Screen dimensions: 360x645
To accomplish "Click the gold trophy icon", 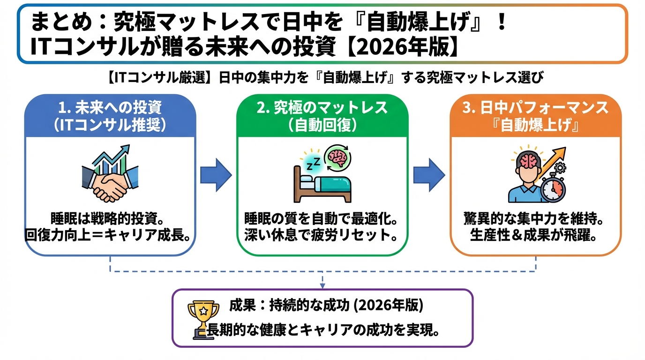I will pos(203,318).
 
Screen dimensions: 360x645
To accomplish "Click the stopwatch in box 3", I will pos(553,188).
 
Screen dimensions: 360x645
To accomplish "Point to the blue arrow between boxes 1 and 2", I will pos(216,175).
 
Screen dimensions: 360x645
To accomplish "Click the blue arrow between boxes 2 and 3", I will pos(428,175).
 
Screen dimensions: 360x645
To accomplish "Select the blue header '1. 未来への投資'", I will pos(110,108).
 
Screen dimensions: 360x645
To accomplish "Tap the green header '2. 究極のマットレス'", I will pos(322,108).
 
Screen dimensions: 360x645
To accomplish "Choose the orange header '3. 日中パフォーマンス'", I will pos(535,108).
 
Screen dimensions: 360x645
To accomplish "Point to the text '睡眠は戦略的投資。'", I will pos(110,219).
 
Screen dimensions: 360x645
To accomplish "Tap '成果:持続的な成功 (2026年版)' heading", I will pos(326,306).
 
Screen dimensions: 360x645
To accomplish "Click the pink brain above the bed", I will pos(338,157).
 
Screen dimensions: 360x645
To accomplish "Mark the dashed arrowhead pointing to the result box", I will pos(322,285).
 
